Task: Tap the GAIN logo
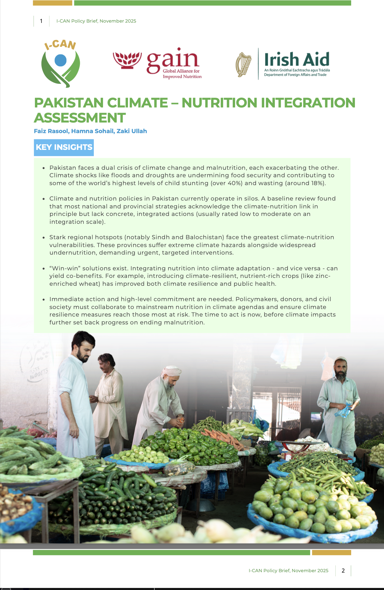157,64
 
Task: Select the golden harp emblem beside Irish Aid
243,64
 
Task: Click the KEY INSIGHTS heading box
64,147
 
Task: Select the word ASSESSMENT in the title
80,118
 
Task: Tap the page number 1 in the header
41,21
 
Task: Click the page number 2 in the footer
343,570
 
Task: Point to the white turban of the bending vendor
171,371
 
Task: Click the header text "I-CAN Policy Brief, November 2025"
96,21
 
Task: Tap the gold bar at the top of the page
52,3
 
